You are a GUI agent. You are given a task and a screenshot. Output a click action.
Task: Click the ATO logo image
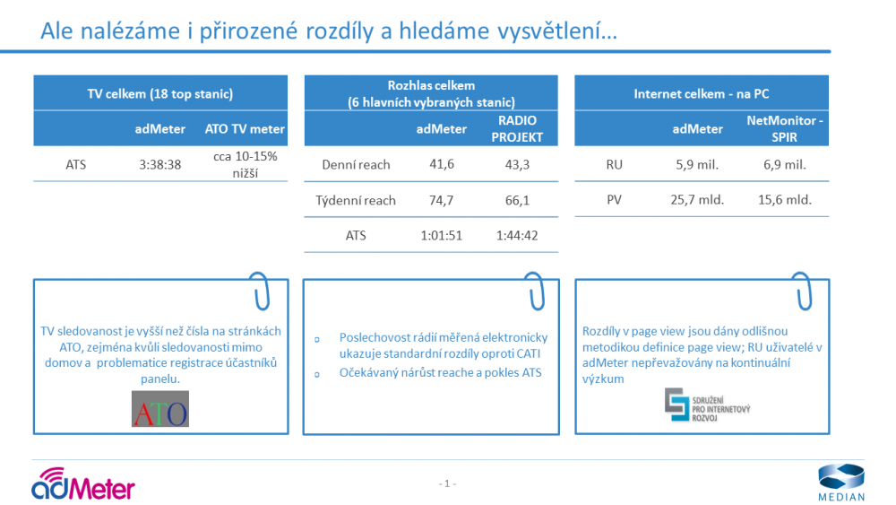160,409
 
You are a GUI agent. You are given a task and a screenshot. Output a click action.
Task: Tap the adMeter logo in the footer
82,483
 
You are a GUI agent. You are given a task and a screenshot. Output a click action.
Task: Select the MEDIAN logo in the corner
841,483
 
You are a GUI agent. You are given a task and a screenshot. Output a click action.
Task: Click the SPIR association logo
707,405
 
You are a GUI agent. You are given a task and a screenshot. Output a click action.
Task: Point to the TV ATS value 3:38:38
160,165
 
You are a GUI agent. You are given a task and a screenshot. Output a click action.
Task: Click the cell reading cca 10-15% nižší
246,165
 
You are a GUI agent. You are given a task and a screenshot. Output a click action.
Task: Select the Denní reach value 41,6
442,164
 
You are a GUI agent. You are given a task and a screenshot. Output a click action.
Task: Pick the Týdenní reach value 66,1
517,200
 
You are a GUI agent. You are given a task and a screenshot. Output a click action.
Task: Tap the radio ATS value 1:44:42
517,236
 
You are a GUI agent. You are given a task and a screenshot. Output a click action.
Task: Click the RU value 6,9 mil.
785,165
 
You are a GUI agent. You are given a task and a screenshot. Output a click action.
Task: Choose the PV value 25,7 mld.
697,200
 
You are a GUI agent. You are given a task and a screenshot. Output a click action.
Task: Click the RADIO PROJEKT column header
517,128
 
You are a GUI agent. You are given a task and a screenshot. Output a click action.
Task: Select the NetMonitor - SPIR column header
785,128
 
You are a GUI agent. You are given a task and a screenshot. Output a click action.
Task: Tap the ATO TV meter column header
245,129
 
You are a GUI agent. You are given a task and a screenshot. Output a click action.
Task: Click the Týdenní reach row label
356,201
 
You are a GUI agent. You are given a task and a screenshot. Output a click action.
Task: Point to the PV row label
615,200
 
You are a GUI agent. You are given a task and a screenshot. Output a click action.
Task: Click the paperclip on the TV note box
260,291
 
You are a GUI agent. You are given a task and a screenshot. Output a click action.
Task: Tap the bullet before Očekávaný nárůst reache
317,375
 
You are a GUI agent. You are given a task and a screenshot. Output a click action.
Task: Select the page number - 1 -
447,483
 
